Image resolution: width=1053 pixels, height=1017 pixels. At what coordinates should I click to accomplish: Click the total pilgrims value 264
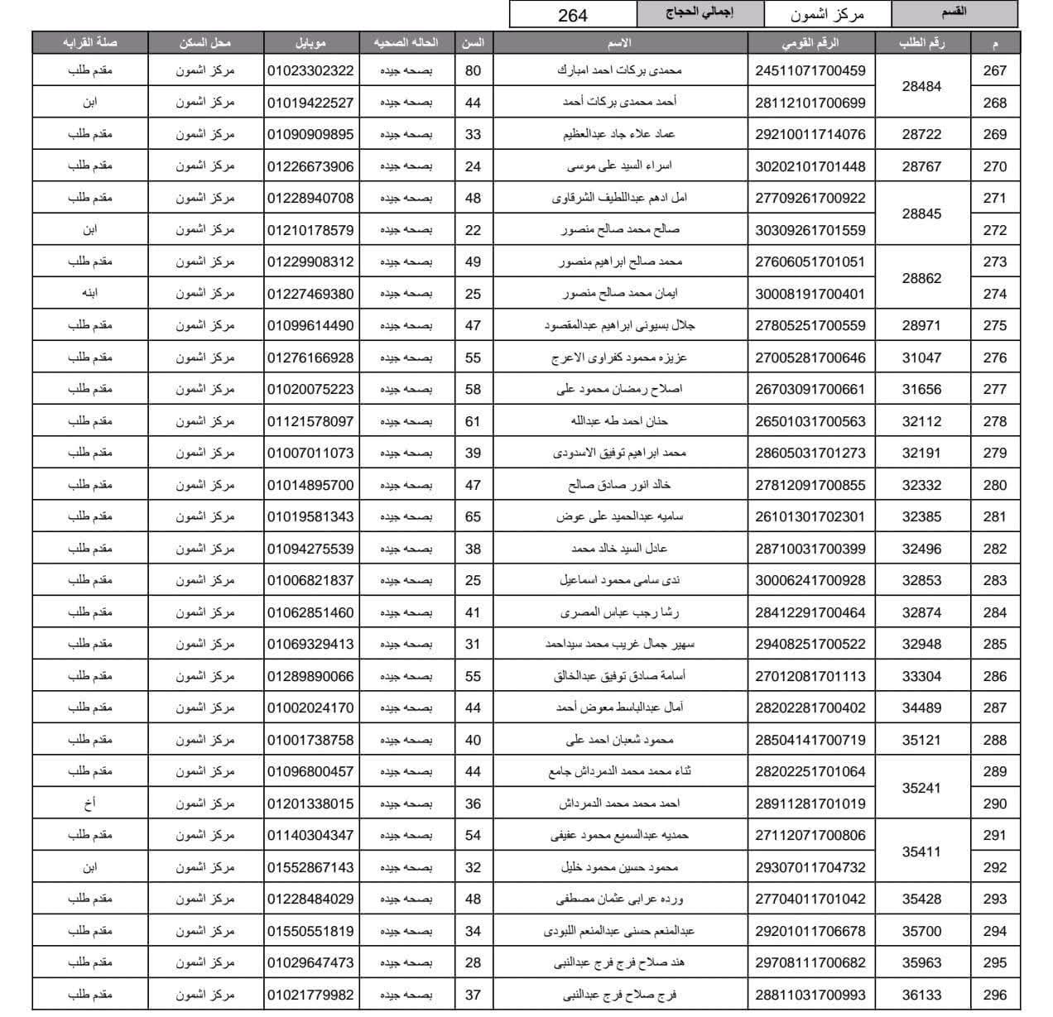tap(573, 15)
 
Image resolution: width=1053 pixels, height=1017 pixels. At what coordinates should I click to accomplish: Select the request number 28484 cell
tap(921, 86)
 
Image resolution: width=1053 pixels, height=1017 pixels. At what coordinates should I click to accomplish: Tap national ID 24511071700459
tap(810, 71)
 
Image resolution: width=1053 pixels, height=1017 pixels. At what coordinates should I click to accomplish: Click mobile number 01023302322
tap(310, 71)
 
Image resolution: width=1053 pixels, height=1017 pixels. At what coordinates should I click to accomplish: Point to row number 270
tap(994, 166)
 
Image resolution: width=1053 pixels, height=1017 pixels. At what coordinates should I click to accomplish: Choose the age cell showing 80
tap(473, 71)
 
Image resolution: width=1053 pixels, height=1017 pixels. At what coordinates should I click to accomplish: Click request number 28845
tap(921, 213)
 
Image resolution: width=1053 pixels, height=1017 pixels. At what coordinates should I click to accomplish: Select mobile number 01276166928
tap(310, 357)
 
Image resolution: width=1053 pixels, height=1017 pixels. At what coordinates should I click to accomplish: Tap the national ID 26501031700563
tap(810, 421)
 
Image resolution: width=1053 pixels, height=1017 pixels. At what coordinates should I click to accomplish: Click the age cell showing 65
tap(473, 516)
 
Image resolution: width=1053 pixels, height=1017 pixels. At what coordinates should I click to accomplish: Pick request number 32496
tap(921, 549)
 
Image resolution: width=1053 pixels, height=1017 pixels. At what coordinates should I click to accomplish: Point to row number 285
tap(994, 644)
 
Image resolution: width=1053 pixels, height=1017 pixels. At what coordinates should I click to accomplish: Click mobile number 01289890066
tap(310, 676)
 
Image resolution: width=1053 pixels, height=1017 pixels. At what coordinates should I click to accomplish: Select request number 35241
tap(921, 788)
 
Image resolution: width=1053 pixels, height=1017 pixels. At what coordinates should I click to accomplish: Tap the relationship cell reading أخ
tap(90, 804)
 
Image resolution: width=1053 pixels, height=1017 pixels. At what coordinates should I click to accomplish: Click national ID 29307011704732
tap(810, 867)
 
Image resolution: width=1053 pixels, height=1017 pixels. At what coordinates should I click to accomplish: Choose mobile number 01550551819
tap(310, 931)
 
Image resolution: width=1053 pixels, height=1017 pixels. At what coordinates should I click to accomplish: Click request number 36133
tap(921, 995)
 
